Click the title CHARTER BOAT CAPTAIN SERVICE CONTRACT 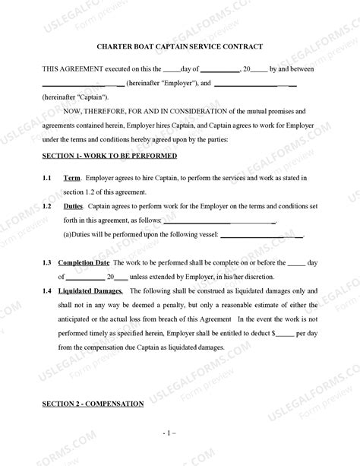pyautogui.click(x=180, y=46)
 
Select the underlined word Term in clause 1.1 pyautogui.click(x=72, y=177)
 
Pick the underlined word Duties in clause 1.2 pyautogui.click(x=74, y=206)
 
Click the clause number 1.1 pyautogui.click(x=47, y=177)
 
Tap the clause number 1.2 pyautogui.click(x=47, y=206)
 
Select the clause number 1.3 pyautogui.click(x=47, y=262)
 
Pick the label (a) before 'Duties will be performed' pyautogui.click(x=67, y=234)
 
